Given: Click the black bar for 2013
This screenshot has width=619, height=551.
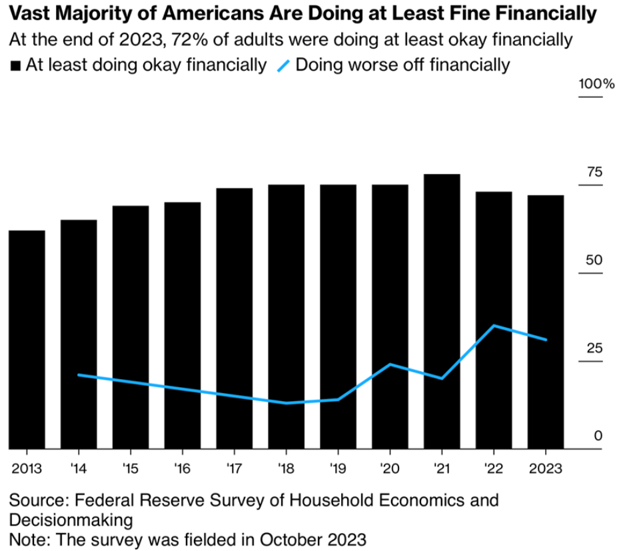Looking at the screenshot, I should pos(27,340).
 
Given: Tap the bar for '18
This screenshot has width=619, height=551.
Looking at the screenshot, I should pos(287,316).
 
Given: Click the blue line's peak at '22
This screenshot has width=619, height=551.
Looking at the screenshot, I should pos(494,325).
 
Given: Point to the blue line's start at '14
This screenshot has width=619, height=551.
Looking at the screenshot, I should pos(79,375).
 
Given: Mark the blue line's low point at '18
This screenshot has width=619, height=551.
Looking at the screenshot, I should pos(287,403).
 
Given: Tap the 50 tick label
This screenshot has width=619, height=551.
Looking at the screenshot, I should pos(593,261).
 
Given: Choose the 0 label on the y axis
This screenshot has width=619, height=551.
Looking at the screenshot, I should pos(598,436).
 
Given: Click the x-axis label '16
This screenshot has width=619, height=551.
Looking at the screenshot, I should pos(183,467).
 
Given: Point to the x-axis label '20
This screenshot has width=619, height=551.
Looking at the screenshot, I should pos(390,467).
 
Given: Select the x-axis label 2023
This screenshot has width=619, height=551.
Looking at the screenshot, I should pos(546,467).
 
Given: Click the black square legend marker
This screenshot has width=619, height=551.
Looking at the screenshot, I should pos(15,66).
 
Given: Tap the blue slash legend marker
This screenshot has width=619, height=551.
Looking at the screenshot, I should pos(283,66).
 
